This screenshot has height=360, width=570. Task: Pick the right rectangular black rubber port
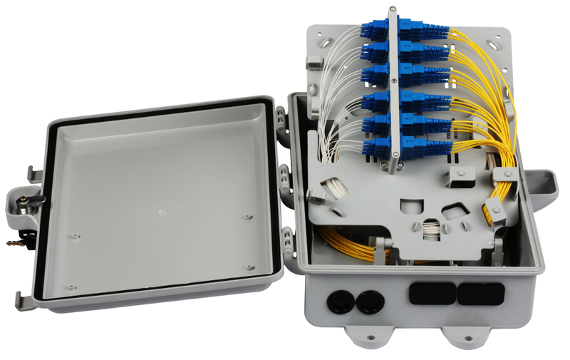(478, 293)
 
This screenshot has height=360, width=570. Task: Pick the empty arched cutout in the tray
(408, 205)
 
